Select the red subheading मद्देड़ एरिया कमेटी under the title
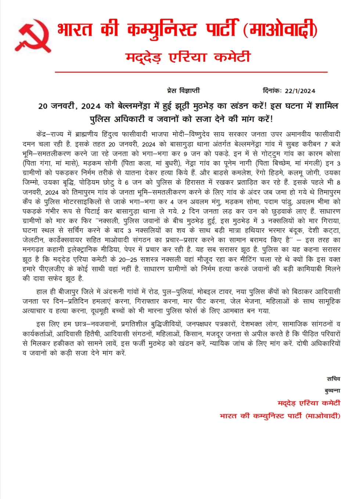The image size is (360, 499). click(188, 57)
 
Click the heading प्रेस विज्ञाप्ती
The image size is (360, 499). click(183, 90)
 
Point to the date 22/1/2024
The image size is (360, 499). click(300, 91)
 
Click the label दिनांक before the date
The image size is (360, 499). click(272, 90)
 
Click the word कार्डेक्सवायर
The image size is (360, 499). click(65, 240)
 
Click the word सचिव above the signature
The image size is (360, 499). click(333, 379)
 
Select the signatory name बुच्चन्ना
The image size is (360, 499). click(332, 391)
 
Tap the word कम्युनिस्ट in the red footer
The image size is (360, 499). click(265, 416)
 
